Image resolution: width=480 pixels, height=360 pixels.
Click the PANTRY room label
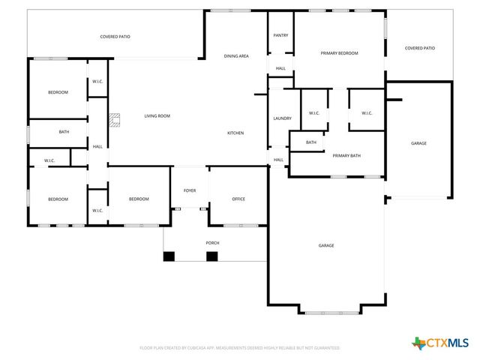point(280,35)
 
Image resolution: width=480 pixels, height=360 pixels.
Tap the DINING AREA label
point(236,56)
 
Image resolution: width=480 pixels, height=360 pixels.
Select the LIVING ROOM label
point(157,115)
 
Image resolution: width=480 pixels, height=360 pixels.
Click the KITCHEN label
point(235,133)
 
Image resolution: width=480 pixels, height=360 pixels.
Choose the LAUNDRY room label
point(282,118)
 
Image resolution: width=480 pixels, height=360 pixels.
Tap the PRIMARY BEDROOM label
point(339,53)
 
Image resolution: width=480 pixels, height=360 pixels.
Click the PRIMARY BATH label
point(346,155)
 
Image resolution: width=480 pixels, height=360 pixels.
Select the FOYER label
point(190,190)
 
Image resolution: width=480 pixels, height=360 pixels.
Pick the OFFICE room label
point(238,199)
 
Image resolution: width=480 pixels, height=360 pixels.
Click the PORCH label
point(213,243)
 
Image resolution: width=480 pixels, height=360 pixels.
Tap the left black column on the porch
point(169,256)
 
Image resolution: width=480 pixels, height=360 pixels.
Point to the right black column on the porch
point(211,256)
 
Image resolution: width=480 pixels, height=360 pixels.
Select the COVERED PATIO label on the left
point(115,36)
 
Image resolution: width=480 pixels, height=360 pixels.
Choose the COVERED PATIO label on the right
point(419,48)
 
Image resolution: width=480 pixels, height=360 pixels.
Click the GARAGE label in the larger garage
point(325,245)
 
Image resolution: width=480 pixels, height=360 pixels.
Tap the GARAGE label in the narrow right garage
point(418,143)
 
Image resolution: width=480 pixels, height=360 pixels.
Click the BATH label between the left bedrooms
point(64,132)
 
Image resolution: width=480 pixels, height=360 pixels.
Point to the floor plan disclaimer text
point(240,348)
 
